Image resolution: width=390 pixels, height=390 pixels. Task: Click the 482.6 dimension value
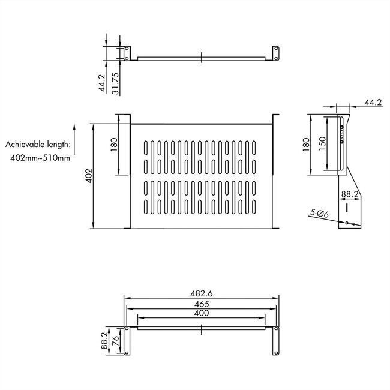click(202, 293)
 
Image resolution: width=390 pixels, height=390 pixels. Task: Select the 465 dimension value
click(202, 305)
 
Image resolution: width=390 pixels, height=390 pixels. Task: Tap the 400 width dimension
click(202, 314)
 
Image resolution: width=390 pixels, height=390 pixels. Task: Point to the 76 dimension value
click(116, 342)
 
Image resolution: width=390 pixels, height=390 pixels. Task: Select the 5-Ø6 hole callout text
click(319, 212)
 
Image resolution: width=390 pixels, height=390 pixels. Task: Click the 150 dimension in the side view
click(323, 144)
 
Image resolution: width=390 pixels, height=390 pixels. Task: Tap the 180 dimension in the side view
click(306, 144)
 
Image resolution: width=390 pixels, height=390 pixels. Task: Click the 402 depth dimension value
click(88, 175)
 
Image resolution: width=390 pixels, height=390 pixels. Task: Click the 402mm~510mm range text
click(40, 158)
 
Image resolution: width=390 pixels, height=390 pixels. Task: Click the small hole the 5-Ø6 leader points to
click(347, 224)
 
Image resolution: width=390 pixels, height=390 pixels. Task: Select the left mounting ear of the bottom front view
click(127, 340)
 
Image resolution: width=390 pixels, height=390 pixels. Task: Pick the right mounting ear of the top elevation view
click(277, 52)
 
